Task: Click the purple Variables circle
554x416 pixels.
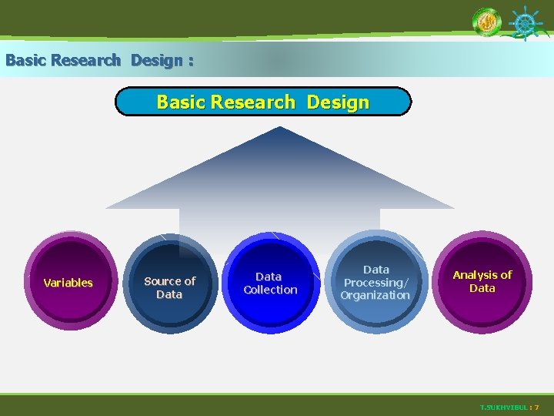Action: pyautogui.click(x=68, y=283)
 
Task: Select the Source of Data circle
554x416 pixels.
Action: pyautogui.click(x=169, y=285)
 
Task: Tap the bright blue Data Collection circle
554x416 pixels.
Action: pyautogui.click(x=270, y=283)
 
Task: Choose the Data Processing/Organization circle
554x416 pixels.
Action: pyautogui.click(x=375, y=282)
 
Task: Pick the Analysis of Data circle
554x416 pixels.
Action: pyautogui.click(x=482, y=281)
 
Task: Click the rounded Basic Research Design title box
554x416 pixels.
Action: pyautogui.click(x=263, y=102)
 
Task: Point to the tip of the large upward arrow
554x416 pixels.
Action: pyautogui.click(x=280, y=129)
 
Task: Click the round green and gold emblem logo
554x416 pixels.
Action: pyautogui.click(x=486, y=22)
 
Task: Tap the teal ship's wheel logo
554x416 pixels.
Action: pyautogui.click(x=526, y=23)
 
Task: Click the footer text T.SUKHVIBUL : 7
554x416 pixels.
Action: pyautogui.click(x=509, y=407)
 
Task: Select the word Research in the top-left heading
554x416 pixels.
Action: pyautogui.click(x=87, y=60)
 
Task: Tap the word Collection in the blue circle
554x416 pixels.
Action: pyautogui.click(x=270, y=290)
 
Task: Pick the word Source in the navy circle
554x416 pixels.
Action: pyautogui.click(x=159, y=281)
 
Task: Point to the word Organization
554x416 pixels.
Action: pyautogui.click(x=375, y=295)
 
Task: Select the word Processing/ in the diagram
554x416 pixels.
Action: pyautogui.click(x=375, y=283)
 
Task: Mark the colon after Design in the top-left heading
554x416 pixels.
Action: pyautogui.click(x=189, y=61)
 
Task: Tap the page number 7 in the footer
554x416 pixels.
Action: pyautogui.click(x=536, y=407)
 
